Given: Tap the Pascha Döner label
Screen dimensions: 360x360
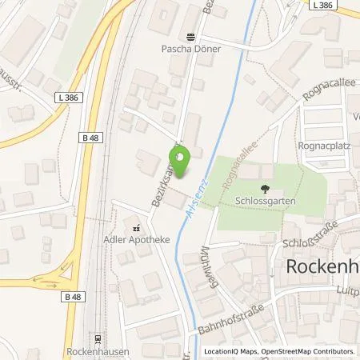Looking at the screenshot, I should (191, 49).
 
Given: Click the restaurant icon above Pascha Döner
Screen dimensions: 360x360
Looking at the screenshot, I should (191, 37).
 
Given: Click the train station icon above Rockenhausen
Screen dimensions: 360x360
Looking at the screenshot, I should (98, 338).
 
